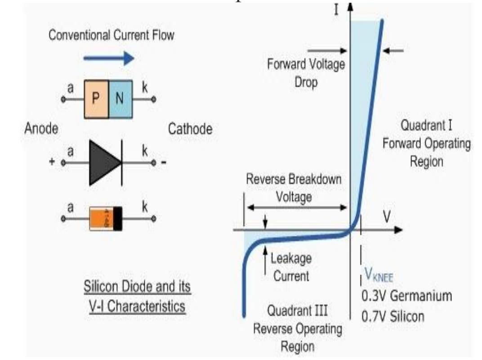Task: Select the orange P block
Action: (96, 99)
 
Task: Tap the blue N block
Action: (120, 99)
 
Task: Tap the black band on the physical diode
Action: (118, 218)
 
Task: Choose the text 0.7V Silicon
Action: (393, 316)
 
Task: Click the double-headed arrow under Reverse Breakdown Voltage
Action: (297, 207)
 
